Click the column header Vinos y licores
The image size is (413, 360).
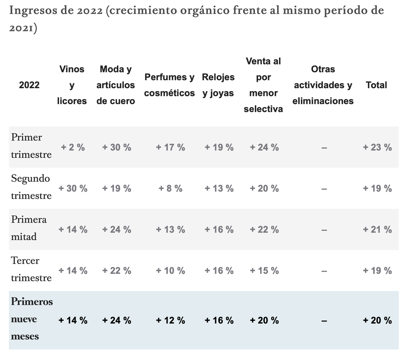pos(72,85)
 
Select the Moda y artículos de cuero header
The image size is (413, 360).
pos(116,85)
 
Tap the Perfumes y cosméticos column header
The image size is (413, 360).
pos(169,85)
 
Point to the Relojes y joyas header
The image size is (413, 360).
pos(218,85)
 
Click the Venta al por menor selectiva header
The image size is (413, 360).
pos(263,85)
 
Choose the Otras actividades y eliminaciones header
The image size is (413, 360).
pos(323,85)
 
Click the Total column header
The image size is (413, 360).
pos(377,85)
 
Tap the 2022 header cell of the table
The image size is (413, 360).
pos(29,85)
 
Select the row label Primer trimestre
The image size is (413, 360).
pos(31,146)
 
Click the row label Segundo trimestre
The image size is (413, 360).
pos(31,187)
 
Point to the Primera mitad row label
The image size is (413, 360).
pos(29,228)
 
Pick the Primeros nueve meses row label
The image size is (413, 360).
pos(32,319)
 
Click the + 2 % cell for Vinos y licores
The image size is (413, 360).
pos(73,147)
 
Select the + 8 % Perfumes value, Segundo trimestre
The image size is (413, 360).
pos(170,189)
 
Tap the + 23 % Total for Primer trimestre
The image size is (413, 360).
pos(377,147)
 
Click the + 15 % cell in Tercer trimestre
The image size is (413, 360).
pos(264,271)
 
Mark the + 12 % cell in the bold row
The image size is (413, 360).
pos(170,320)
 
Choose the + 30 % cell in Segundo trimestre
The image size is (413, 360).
pos(73,189)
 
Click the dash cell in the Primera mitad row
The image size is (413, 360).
pos(324,230)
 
